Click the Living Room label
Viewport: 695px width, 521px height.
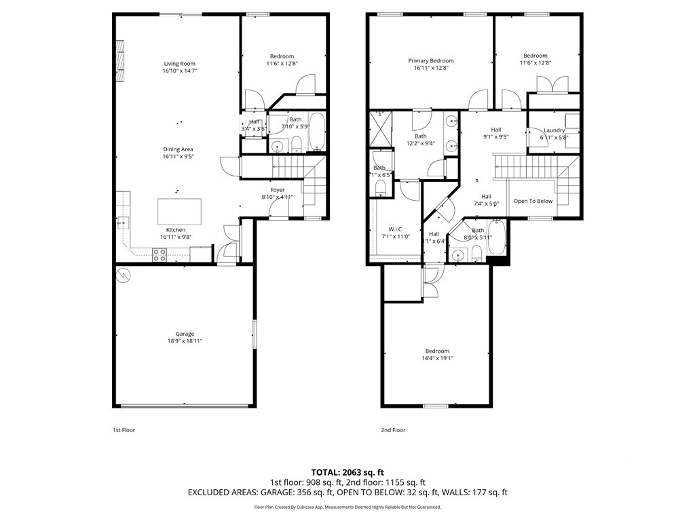[179, 64]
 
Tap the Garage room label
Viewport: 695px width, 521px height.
[185, 334]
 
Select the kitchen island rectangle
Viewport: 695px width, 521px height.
[180, 211]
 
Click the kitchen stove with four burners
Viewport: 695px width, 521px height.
[159, 254]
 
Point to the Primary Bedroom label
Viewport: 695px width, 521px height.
[431, 60]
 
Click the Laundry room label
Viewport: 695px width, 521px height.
[554, 130]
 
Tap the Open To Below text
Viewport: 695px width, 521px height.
[533, 201]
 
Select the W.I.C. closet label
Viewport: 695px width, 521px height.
[397, 229]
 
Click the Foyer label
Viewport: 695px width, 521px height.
[278, 190]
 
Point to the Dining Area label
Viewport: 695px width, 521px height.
[178, 149]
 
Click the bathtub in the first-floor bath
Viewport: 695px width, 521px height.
[318, 132]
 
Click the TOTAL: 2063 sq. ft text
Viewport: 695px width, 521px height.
[347, 471]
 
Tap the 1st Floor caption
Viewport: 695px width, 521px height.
[124, 430]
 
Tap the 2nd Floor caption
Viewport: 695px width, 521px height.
[393, 430]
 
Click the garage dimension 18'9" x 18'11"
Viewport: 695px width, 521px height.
[185, 341]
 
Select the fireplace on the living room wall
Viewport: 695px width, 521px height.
[121, 62]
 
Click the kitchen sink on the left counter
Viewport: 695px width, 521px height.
[121, 221]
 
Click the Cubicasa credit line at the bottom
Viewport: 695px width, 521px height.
[347, 507]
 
